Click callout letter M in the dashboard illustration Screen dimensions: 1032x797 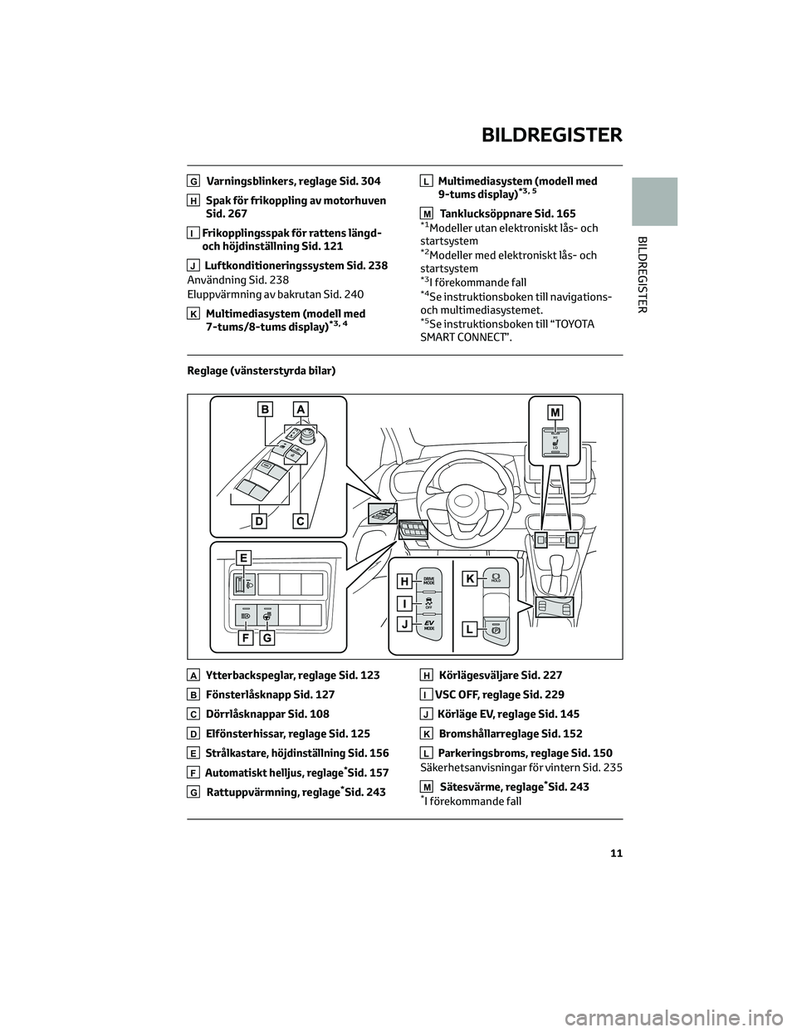click(x=555, y=411)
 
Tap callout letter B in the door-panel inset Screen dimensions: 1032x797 click(x=265, y=409)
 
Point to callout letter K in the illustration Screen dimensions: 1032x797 click(x=469, y=578)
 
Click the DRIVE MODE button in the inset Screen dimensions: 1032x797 click(x=429, y=581)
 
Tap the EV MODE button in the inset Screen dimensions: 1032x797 click(x=429, y=625)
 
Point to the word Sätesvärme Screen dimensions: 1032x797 click(x=467, y=786)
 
